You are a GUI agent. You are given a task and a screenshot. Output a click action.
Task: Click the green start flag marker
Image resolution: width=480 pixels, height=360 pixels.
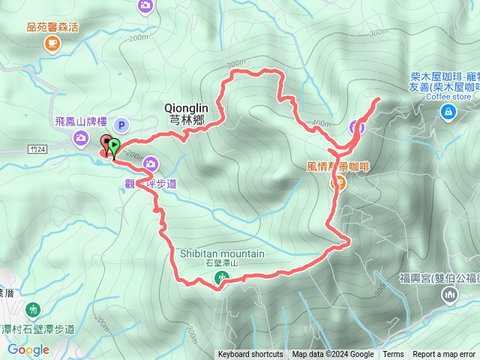[114, 146]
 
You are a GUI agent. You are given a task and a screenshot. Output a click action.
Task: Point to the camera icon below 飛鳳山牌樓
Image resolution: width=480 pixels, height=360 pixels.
[80, 136]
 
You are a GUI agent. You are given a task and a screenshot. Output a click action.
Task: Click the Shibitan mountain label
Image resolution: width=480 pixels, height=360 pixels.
[222, 253]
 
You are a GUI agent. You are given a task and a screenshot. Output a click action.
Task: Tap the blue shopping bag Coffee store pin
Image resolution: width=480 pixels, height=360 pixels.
[448, 112]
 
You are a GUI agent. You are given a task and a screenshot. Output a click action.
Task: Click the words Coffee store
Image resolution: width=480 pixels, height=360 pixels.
[449, 96]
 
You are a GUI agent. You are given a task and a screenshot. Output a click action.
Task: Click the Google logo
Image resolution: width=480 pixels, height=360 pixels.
[28, 349]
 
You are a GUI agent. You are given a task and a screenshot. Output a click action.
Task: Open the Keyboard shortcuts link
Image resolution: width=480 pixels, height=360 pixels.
[250, 355]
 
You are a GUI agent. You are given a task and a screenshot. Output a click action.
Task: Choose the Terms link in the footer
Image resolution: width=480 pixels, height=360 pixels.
[393, 355]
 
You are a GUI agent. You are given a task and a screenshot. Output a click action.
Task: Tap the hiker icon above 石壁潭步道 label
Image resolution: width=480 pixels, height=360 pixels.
[33, 309]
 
